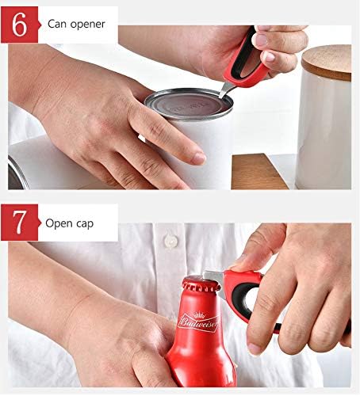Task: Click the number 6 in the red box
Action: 20,24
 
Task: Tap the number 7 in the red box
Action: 20,223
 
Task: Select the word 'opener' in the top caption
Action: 88,23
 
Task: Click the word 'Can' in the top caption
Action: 57,23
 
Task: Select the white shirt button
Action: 170,238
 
